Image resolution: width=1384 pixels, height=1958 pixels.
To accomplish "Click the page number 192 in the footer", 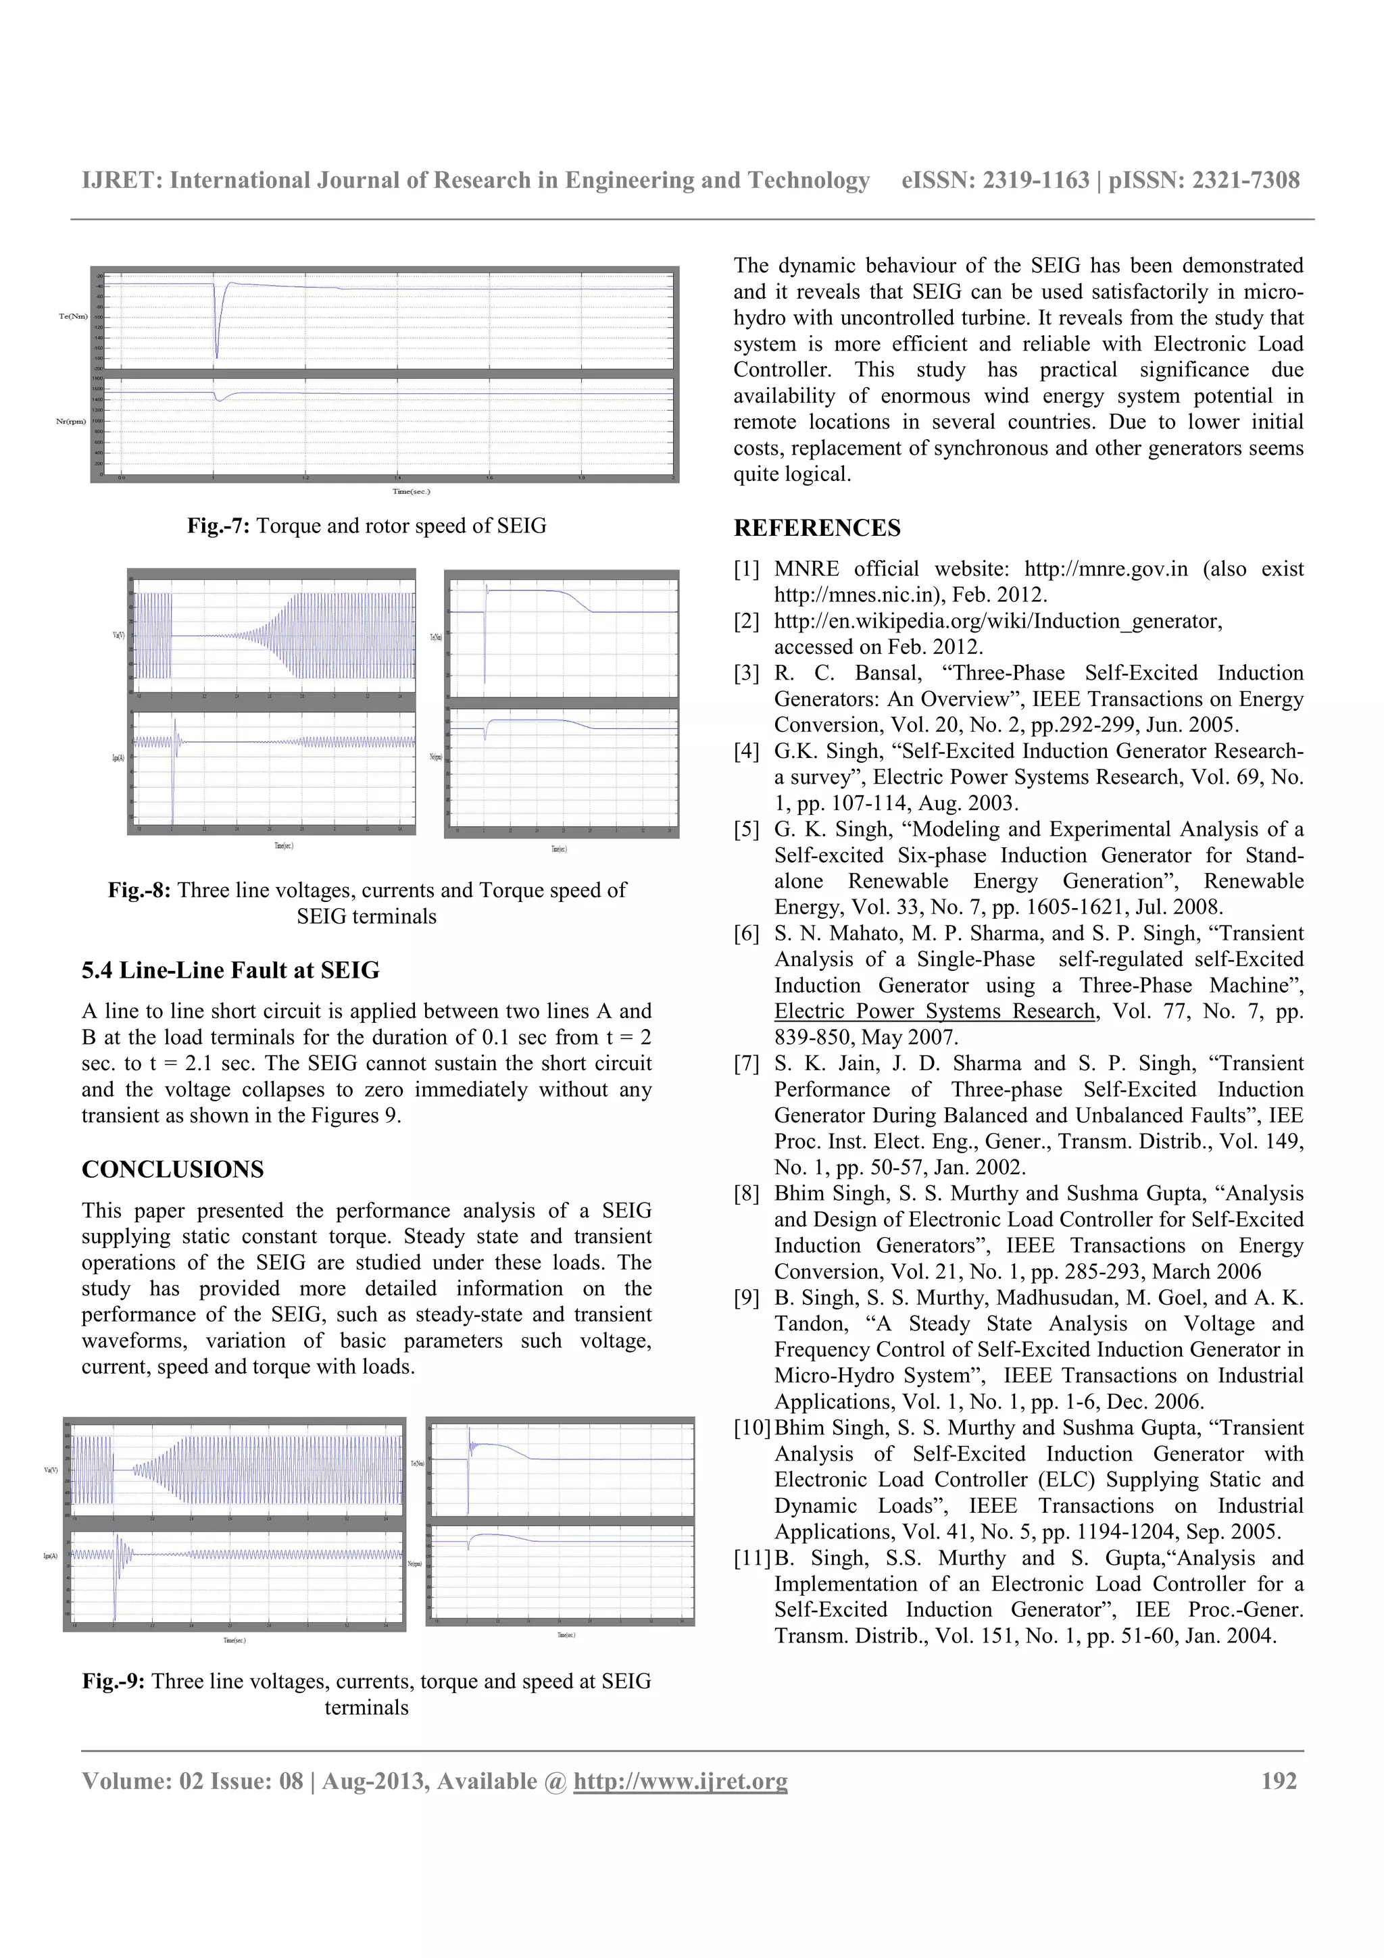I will (1279, 1782).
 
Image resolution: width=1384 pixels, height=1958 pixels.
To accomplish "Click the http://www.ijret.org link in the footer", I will (680, 1782).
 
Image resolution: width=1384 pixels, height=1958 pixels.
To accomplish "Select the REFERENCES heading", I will (816, 528).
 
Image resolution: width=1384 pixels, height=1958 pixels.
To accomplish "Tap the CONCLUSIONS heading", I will (172, 1169).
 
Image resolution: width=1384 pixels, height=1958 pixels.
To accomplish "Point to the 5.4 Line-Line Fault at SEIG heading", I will (230, 970).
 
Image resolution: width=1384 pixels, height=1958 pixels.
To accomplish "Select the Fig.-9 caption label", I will (114, 1681).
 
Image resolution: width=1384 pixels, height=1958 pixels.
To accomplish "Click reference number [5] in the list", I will (746, 829).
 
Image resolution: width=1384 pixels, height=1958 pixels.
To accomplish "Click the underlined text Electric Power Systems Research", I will (934, 1011).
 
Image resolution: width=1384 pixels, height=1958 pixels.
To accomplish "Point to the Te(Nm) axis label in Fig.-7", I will (72, 316).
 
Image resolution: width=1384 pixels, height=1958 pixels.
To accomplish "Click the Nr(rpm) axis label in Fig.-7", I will (71, 420).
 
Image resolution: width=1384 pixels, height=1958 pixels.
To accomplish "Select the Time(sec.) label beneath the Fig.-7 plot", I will (411, 491).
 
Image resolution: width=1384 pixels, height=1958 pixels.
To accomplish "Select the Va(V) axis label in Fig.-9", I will (51, 1470).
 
